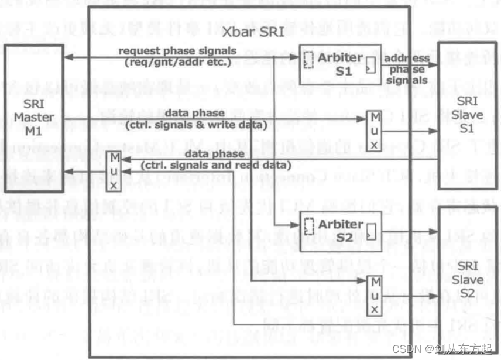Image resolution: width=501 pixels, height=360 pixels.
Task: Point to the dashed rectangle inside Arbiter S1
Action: coord(308,59)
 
